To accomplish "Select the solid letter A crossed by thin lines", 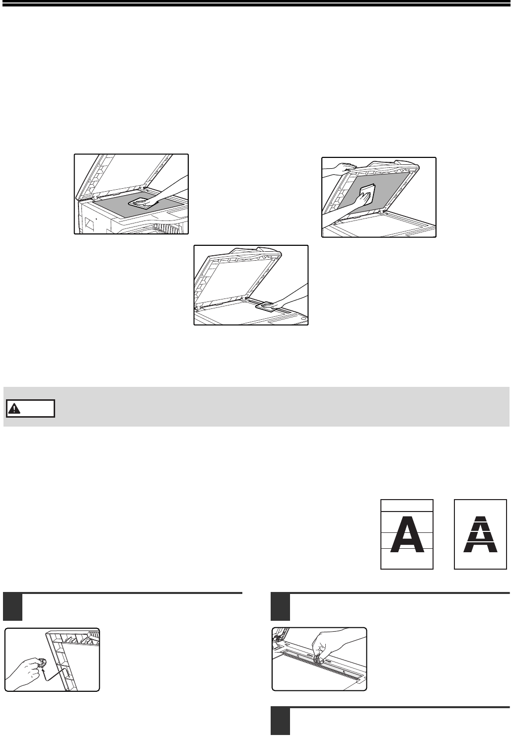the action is (407, 534).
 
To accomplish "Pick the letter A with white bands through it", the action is (480, 534).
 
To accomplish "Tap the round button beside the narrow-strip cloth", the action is (303, 319).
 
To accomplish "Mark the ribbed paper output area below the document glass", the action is (167, 228).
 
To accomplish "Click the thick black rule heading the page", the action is (256, 4).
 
